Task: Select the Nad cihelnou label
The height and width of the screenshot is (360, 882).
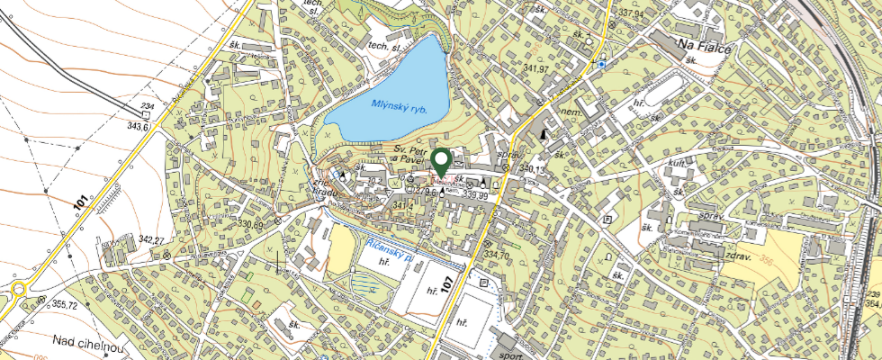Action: click(x=86, y=342)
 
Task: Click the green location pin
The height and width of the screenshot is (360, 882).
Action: click(x=441, y=162)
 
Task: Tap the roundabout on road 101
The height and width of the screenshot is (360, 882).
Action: click(x=18, y=290)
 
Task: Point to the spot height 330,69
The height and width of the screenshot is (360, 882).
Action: click(x=254, y=224)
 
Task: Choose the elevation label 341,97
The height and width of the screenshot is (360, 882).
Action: click(x=540, y=69)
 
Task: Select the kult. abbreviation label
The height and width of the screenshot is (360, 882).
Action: click(x=679, y=166)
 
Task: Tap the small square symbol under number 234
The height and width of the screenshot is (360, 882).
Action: click(x=145, y=115)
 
